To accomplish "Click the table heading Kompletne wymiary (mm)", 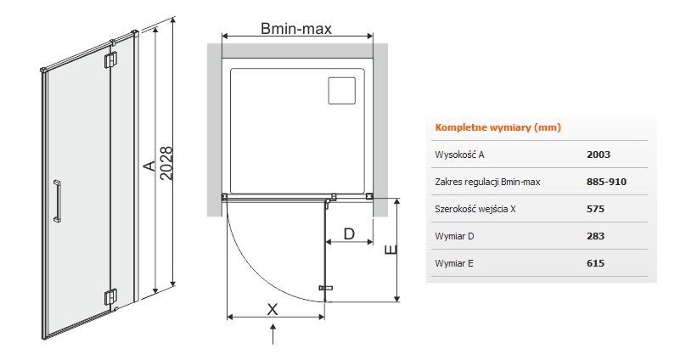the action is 498,127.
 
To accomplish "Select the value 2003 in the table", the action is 598,155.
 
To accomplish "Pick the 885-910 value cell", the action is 606,182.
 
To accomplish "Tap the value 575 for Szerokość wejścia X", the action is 595,209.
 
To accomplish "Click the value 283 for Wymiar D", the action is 595,236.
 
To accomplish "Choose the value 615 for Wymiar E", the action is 595,263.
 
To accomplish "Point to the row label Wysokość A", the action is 459,155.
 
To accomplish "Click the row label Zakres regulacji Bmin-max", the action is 487,182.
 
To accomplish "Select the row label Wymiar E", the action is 454,263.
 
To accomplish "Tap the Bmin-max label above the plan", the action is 296,28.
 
